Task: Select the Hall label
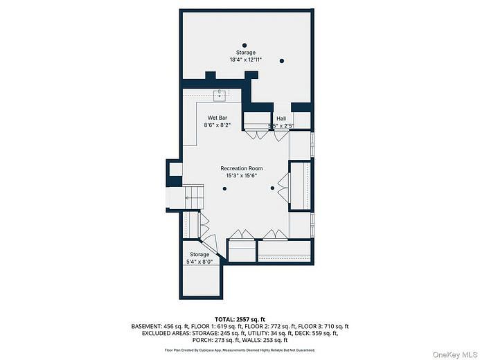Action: pyautogui.click(x=281, y=118)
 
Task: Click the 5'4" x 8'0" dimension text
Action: pyautogui.click(x=200, y=262)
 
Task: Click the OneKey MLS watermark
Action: pyautogui.click(x=454, y=354)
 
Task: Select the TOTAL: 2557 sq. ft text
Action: pyautogui.click(x=240, y=318)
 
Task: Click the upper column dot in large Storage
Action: pyautogui.click(x=244, y=46)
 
